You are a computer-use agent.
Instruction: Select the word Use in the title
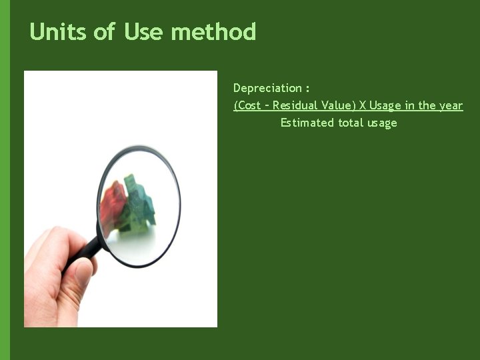click(x=143, y=31)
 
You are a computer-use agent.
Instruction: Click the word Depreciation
click(x=267, y=88)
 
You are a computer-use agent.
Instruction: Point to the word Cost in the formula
click(x=249, y=105)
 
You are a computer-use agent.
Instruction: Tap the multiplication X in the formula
click(x=363, y=105)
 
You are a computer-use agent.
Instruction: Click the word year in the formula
click(x=451, y=105)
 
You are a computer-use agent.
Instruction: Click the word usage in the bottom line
click(x=381, y=123)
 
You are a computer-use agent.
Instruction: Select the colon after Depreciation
click(x=307, y=89)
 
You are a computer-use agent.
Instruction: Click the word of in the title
click(x=104, y=31)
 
